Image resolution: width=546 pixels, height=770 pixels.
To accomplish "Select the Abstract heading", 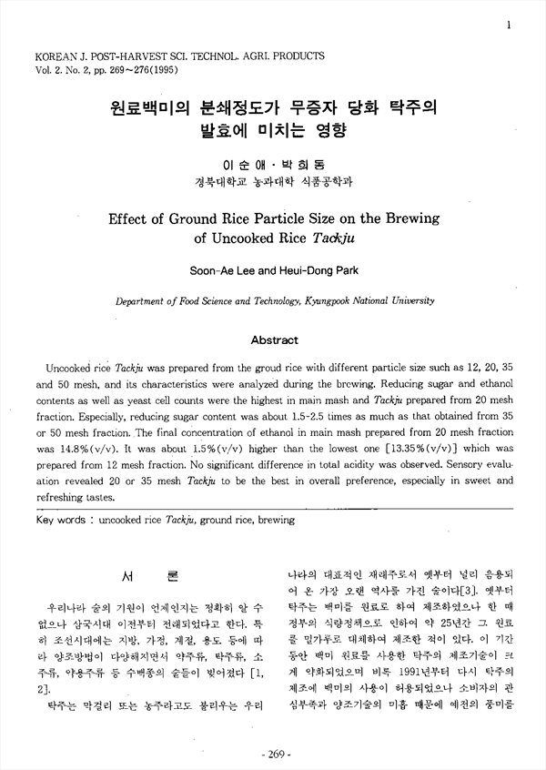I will [274, 339].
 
